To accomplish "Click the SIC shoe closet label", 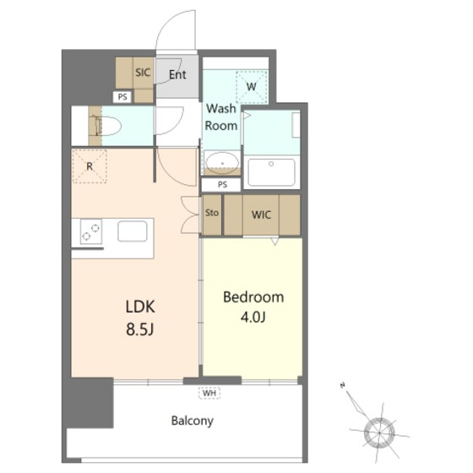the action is (x=143, y=73).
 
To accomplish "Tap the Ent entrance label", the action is (x=177, y=74).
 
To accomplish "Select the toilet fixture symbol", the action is (x=108, y=126).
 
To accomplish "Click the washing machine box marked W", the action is (x=252, y=87).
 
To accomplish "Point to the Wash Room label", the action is (x=221, y=117).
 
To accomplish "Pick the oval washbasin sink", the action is (x=222, y=163).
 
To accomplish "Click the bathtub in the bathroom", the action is (x=271, y=172).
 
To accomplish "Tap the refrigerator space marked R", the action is (x=90, y=166).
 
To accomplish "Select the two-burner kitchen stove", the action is (x=91, y=231).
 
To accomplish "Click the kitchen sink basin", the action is (x=133, y=231).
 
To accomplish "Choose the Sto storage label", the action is (x=212, y=213).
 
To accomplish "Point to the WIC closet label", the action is (x=261, y=215).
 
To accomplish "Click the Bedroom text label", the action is (x=253, y=297).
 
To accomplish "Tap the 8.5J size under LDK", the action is (x=140, y=329).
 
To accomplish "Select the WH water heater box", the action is (x=209, y=393).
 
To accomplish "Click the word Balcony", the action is (x=193, y=421).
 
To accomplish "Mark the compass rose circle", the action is (x=379, y=432).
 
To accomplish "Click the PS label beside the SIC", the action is (x=122, y=97).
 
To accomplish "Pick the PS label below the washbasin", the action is (x=222, y=185).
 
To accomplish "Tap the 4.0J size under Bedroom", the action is (x=253, y=317).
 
